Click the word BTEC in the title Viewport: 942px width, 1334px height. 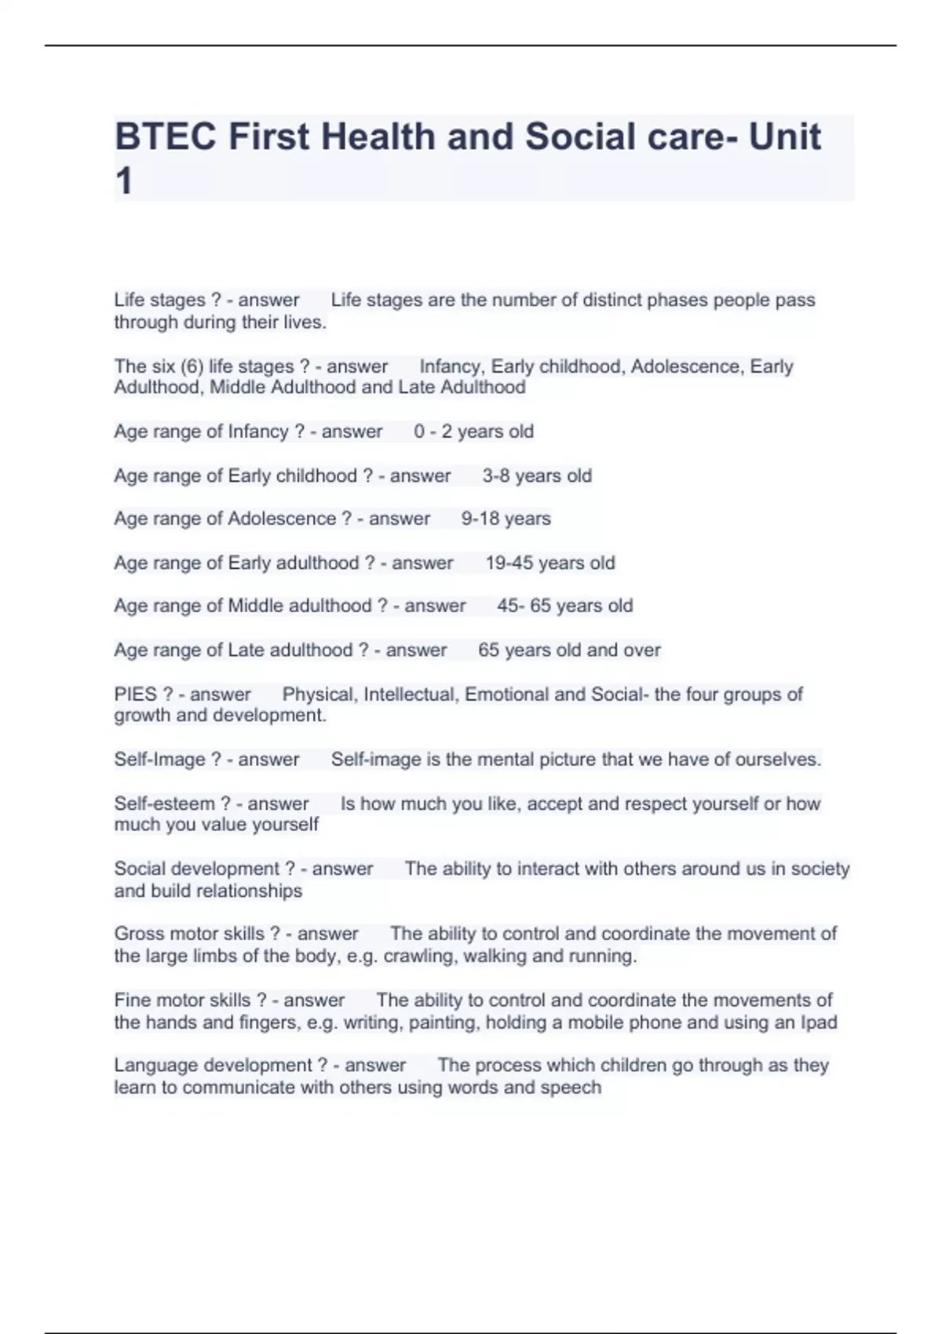(166, 137)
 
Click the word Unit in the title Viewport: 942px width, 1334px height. (784, 137)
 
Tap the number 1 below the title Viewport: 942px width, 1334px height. (123, 182)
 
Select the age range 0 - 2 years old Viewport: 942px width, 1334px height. (473, 432)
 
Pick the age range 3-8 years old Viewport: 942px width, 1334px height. (537, 476)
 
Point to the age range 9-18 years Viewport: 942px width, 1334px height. (506, 519)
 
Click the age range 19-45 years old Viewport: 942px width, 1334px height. (549, 563)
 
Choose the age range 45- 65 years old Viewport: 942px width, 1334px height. (564, 606)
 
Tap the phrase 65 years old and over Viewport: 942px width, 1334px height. (569, 650)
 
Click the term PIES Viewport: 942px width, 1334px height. (135, 694)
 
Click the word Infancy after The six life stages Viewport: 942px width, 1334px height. (451, 366)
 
